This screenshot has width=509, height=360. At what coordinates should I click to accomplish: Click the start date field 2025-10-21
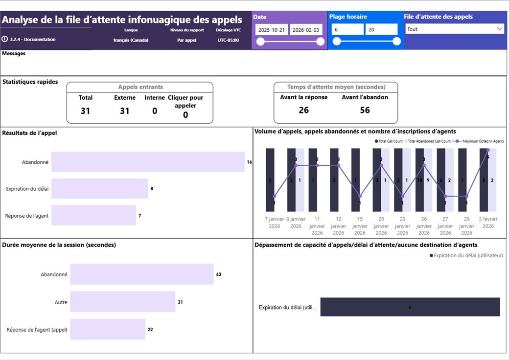[x=272, y=30]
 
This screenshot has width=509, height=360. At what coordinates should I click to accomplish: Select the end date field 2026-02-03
[x=306, y=30]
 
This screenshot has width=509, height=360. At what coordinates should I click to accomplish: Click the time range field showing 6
[x=347, y=29]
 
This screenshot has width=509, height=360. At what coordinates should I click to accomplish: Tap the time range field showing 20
[x=381, y=29]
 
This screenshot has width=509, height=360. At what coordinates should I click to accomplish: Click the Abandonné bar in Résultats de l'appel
[x=148, y=162]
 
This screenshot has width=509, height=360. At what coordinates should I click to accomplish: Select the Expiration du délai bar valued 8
[x=99, y=188]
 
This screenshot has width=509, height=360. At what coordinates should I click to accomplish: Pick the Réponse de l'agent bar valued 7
[x=93, y=215]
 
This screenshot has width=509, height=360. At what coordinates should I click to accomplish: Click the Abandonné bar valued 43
[x=141, y=274]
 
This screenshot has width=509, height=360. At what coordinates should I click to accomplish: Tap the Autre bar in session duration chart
[x=122, y=302]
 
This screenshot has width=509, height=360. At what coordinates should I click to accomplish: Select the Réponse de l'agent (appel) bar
[x=107, y=329]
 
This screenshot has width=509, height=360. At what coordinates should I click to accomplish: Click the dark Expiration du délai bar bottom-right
[x=410, y=307]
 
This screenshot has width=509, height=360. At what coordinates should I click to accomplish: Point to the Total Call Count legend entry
[x=390, y=141]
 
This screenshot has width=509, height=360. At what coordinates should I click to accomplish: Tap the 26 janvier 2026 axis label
[x=424, y=226]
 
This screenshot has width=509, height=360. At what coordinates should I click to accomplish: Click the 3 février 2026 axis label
[x=488, y=223]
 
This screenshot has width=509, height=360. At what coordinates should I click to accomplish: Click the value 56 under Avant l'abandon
[x=365, y=110]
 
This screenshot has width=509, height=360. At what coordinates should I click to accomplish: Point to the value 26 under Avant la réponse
[x=303, y=110]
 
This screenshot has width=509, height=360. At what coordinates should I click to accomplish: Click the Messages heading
[x=14, y=54]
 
